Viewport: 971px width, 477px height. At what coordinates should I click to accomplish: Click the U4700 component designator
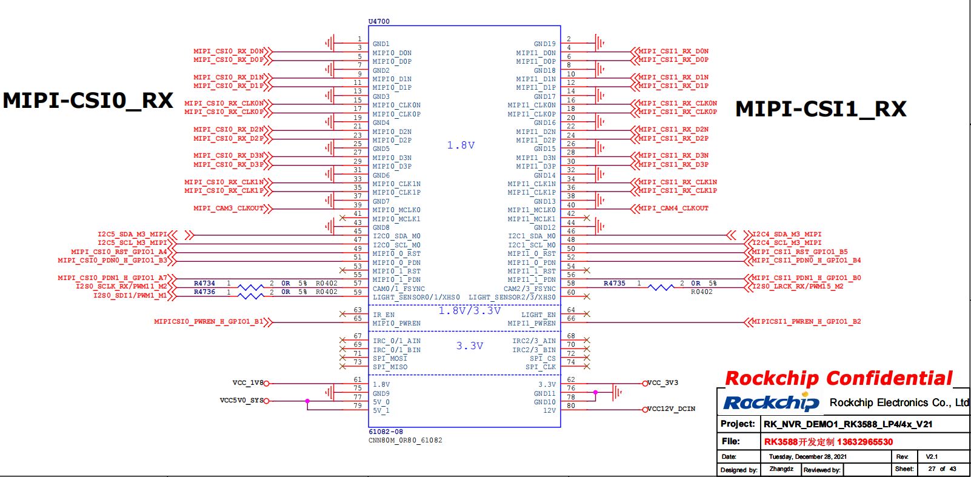tap(379, 21)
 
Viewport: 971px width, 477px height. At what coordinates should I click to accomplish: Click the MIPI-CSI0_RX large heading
tap(88, 101)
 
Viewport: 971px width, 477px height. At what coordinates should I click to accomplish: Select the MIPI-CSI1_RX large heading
tap(821, 109)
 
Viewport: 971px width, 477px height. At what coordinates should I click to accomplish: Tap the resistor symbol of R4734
tap(250, 287)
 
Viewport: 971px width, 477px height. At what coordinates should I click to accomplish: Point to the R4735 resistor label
tap(614, 283)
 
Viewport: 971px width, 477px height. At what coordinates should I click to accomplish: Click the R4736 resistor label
tap(204, 292)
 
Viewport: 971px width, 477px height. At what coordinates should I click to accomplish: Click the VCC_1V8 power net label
tap(247, 383)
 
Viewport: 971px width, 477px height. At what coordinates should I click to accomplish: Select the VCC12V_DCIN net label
tap(671, 409)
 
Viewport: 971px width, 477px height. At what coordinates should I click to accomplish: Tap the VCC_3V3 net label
tap(662, 383)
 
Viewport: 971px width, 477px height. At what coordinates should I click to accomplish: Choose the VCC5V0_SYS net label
tap(241, 401)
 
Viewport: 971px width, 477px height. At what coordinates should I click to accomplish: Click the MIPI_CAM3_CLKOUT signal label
tap(229, 208)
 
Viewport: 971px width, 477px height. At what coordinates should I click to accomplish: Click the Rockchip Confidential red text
tap(839, 379)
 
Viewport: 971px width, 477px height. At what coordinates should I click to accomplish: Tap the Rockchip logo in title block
tap(771, 403)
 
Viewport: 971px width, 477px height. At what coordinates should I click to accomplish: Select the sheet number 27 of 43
tap(942, 469)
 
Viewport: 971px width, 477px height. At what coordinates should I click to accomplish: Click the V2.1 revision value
tap(932, 456)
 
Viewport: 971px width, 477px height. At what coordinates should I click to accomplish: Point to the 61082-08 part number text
tap(385, 432)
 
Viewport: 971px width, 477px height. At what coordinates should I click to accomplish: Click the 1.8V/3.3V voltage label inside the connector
tap(470, 311)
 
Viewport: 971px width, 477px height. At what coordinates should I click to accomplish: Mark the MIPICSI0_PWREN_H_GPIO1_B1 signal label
tap(209, 322)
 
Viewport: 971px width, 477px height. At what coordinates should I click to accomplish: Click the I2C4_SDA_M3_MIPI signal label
tap(786, 234)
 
